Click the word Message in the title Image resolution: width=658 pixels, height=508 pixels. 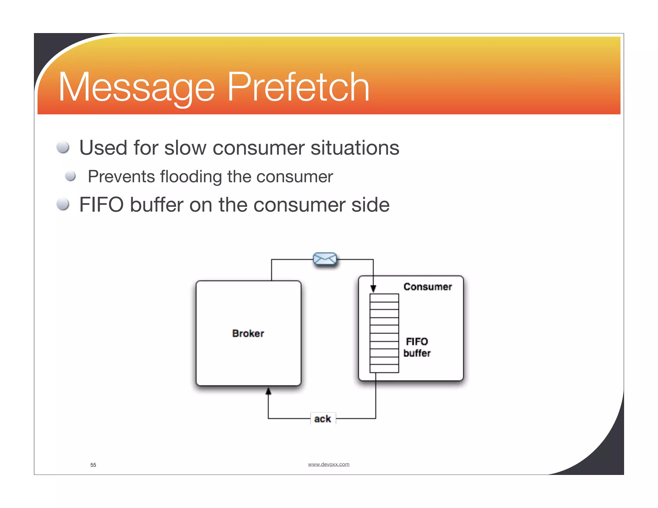pyautogui.click(x=137, y=87)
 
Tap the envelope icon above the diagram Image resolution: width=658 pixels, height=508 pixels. pyautogui.click(x=325, y=259)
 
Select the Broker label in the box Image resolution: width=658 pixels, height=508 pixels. pyautogui.click(x=248, y=333)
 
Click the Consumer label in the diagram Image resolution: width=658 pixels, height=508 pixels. pyautogui.click(x=427, y=287)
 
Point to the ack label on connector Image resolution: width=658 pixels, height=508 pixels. pyautogui.click(x=323, y=419)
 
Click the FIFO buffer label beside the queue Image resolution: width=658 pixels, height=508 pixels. pyautogui.click(x=417, y=347)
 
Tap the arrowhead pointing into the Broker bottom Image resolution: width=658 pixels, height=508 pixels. pyautogui.click(x=268, y=391)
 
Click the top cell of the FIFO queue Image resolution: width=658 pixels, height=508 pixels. pyautogui.click(x=384, y=298)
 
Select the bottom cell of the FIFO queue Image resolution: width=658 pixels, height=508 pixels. pyautogui.click(x=384, y=368)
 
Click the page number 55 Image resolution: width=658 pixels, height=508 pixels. pyautogui.click(x=93, y=465)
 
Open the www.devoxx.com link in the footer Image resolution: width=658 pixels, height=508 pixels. pyautogui.click(x=328, y=464)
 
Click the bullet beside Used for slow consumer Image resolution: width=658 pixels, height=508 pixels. pyautogui.click(x=63, y=147)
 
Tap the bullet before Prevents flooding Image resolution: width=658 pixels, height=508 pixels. pyautogui.click(x=70, y=176)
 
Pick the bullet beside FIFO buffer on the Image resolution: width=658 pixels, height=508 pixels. pyautogui.click(x=63, y=204)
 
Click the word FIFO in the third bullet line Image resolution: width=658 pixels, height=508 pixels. pyautogui.click(x=101, y=205)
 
